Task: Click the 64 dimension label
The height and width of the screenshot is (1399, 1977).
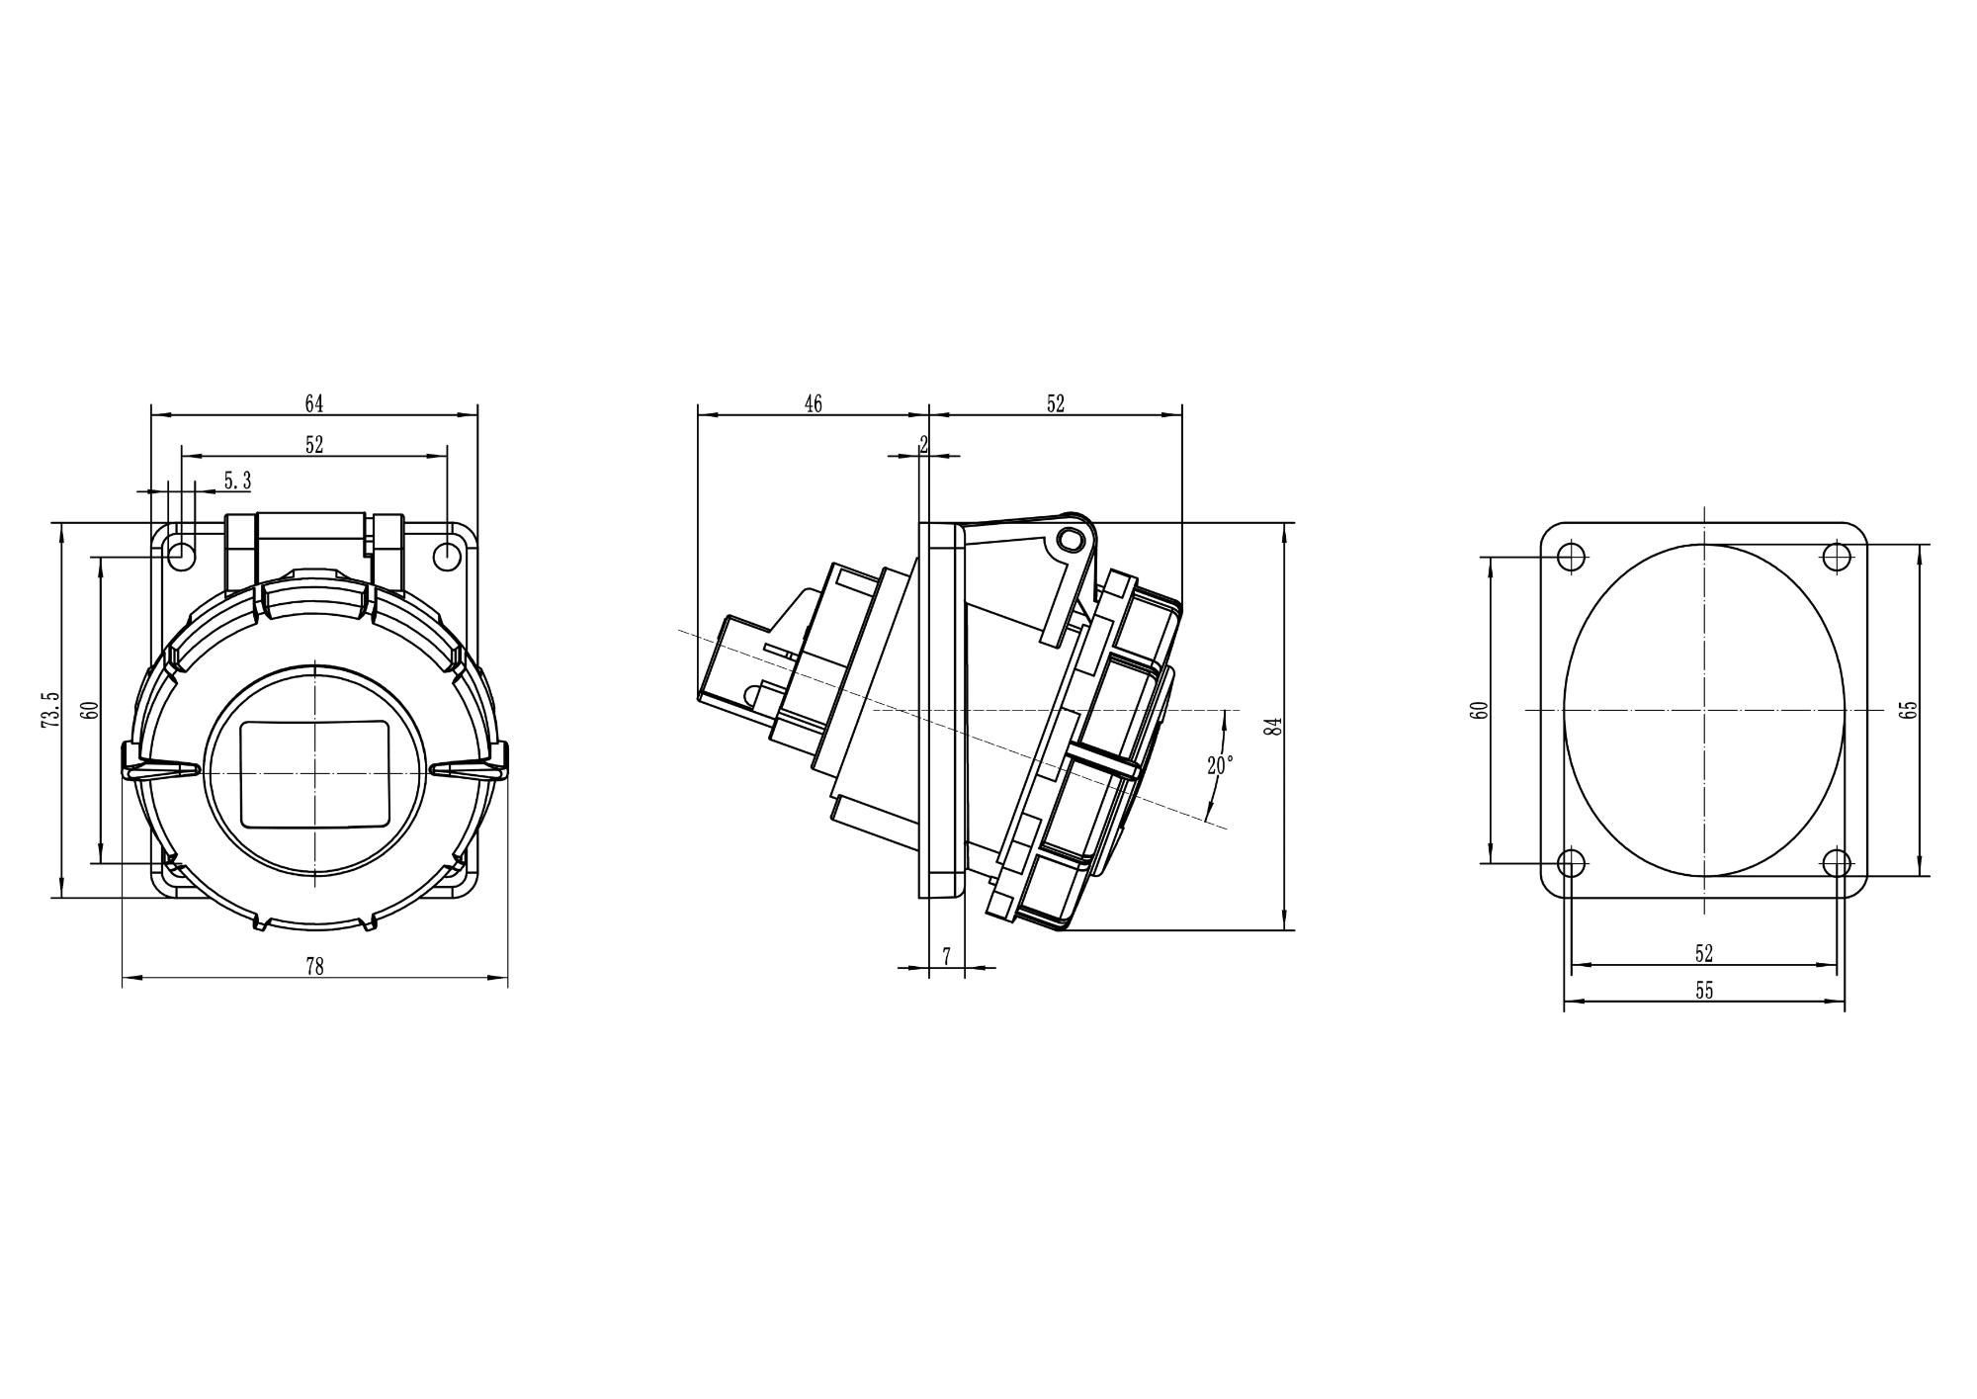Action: click(x=313, y=403)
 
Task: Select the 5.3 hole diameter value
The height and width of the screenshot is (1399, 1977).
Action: click(x=237, y=481)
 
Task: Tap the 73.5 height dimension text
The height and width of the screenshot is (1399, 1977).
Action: click(x=50, y=710)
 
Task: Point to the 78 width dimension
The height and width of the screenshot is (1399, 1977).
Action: click(x=314, y=967)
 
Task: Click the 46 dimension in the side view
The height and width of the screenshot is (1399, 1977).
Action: click(x=813, y=403)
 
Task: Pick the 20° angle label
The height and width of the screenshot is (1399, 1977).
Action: click(x=1220, y=765)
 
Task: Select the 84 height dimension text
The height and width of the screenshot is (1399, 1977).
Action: click(x=1275, y=726)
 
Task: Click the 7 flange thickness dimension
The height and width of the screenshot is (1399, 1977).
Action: click(x=946, y=956)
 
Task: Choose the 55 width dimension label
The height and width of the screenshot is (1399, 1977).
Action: click(x=1703, y=991)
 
